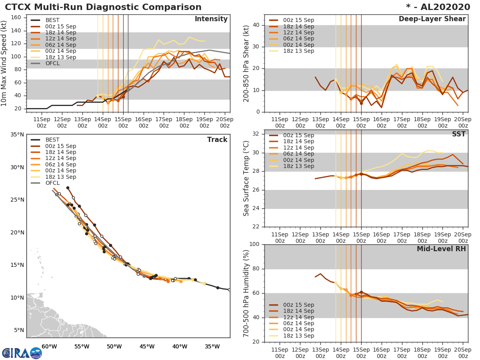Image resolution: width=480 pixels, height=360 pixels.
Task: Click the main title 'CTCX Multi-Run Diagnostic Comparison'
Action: tap(103, 7)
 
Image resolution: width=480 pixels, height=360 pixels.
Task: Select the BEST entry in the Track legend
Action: tap(53, 140)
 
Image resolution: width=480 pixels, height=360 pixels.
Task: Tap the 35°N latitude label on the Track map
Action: tap(16, 134)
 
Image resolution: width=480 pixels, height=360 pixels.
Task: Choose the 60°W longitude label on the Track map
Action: tap(49, 346)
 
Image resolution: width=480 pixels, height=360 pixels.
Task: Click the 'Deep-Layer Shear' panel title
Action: tap(432, 19)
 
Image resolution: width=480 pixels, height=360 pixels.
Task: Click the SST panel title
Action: tap(459, 134)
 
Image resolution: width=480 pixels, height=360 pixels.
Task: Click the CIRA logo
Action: tap(22, 353)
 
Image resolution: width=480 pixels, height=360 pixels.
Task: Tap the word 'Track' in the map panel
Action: tap(217, 140)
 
